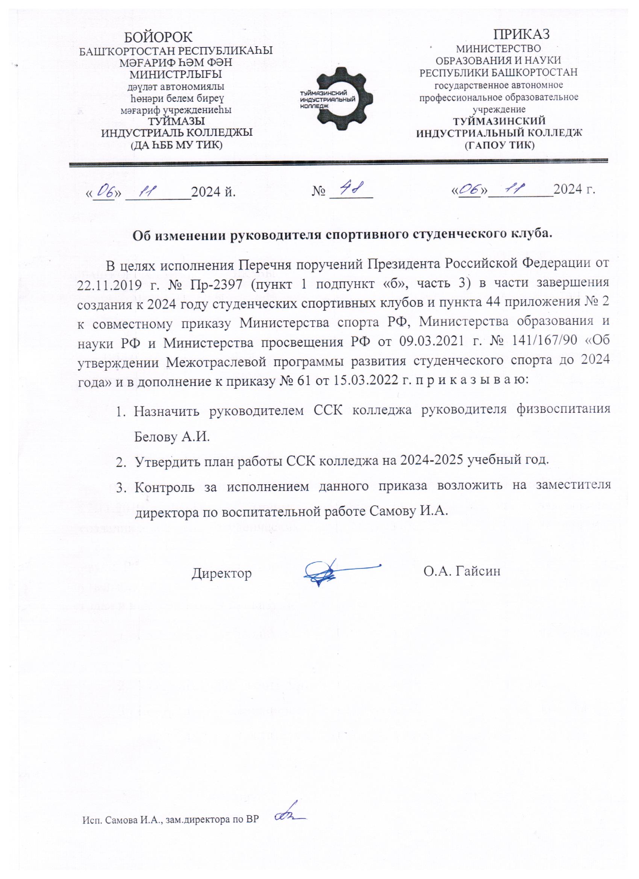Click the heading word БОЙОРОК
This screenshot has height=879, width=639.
pos(158,37)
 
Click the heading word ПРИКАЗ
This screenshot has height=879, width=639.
pos(522,34)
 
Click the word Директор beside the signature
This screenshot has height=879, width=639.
pos(222,573)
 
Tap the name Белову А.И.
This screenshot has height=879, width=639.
pos(172,438)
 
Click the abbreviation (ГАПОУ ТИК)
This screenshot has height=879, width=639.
pos(499,145)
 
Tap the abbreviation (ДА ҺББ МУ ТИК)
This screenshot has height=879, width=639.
pos(177,145)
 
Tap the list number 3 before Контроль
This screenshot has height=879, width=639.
pos(121,487)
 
